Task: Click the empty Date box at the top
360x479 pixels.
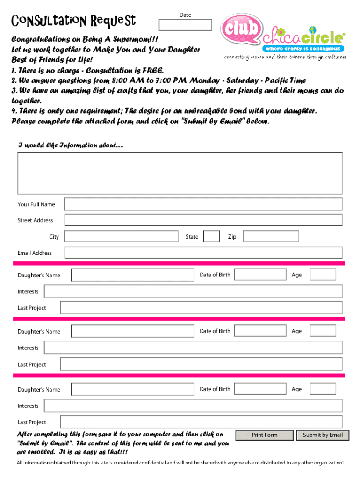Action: coord(185,25)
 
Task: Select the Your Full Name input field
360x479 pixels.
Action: coord(203,204)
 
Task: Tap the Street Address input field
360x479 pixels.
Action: coord(203,220)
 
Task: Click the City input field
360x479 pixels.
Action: coord(121,237)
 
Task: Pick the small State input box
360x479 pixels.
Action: coord(212,237)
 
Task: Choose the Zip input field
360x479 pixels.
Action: coord(274,237)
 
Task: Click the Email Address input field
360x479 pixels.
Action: coord(203,253)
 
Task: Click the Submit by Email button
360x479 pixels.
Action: coord(323,435)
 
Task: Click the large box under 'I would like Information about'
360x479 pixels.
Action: coord(180,173)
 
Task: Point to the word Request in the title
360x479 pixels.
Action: coord(114,21)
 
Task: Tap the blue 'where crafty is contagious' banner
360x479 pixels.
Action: coord(303,49)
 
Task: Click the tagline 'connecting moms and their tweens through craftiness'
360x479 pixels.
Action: coord(285,58)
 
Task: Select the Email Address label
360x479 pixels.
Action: coord(35,253)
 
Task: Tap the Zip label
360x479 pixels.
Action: coord(232,237)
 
